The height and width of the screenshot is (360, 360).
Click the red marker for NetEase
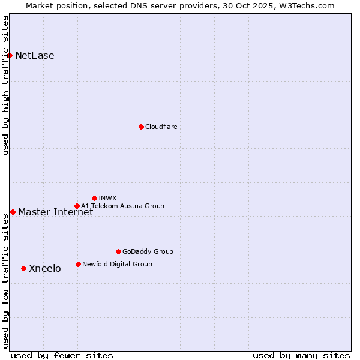[10, 56]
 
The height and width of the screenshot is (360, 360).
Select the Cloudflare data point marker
[141, 127]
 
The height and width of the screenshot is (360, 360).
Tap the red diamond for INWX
[94, 198]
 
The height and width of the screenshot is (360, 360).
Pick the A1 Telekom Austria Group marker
[77, 206]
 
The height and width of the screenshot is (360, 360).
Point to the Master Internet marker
[13, 212]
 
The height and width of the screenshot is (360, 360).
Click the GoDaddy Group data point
[118, 251]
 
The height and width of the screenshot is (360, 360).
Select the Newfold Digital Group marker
[78, 264]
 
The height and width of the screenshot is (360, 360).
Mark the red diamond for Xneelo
[23, 268]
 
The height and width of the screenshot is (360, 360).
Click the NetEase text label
[35, 56]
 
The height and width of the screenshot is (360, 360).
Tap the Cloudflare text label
[161, 127]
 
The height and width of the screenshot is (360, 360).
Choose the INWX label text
[107, 198]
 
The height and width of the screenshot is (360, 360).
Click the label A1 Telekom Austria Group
[122, 206]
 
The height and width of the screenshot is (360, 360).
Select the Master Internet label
[55, 212]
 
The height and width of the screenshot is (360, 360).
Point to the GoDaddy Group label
[148, 251]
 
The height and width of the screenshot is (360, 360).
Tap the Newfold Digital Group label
[117, 264]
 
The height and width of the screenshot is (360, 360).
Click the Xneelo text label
[45, 268]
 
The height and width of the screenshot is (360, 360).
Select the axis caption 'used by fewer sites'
[62, 355]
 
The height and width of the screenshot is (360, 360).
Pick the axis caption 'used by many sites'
[301, 355]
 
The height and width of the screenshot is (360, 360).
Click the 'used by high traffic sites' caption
[5, 85]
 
